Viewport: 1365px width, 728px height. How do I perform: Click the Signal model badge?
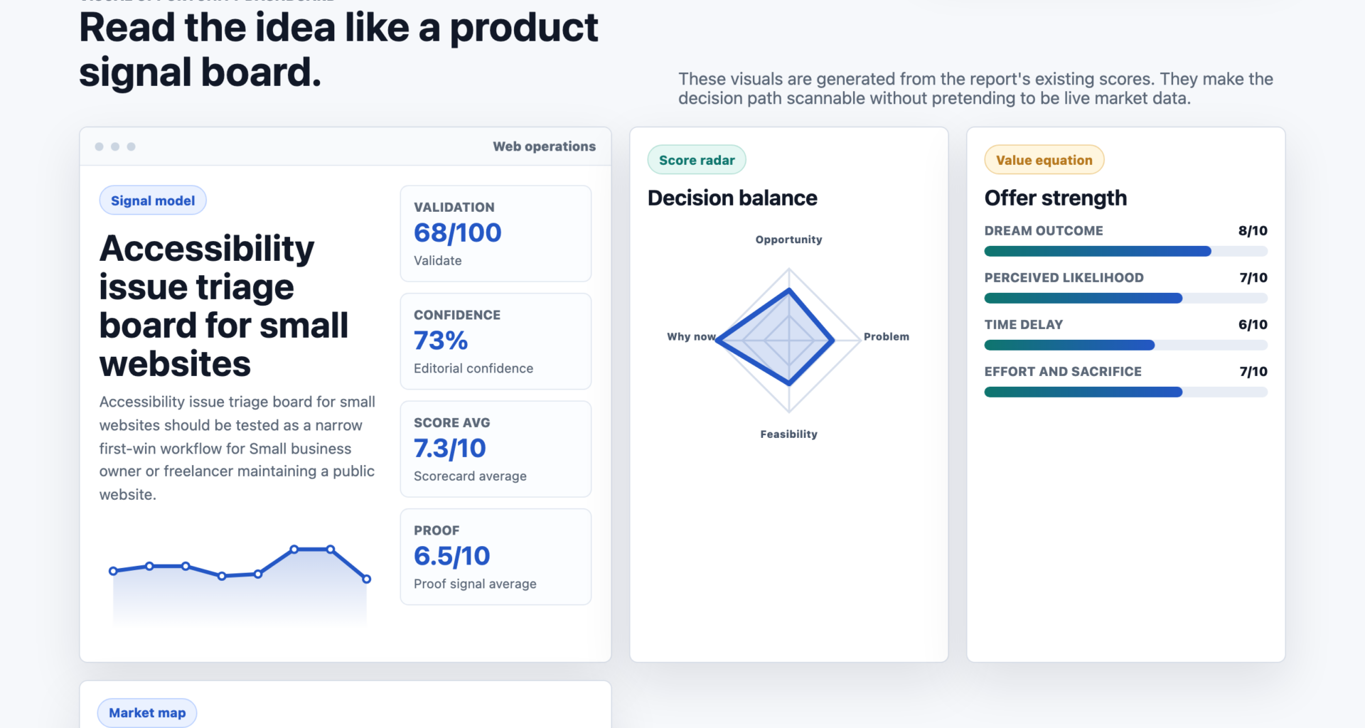[x=153, y=200]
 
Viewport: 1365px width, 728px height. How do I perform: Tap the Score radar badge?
[x=697, y=160]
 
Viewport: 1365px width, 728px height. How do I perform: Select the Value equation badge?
[x=1044, y=160]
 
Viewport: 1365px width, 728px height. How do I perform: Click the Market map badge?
[x=147, y=712]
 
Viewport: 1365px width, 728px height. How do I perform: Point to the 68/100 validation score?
[x=458, y=232]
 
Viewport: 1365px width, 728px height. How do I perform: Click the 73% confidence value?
[x=441, y=341]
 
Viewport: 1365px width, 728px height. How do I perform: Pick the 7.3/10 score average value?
[x=450, y=448]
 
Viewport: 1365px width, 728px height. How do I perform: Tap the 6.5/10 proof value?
[x=452, y=556]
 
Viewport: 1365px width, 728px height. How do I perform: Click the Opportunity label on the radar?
[x=789, y=240]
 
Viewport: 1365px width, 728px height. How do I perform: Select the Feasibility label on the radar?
[x=789, y=434]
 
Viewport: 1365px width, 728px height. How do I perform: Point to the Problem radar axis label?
[x=887, y=336]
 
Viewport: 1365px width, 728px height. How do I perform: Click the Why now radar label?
[x=691, y=336]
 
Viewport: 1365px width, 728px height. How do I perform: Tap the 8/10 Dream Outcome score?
[x=1253, y=230]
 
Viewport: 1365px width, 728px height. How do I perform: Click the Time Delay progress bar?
[x=1126, y=345]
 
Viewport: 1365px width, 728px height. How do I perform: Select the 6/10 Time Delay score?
[x=1253, y=324]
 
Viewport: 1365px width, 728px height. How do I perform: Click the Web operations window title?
[x=545, y=146]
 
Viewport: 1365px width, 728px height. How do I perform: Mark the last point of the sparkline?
[x=367, y=579]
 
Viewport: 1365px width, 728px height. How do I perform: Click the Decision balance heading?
[x=732, y=198]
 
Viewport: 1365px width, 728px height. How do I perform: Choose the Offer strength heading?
[x=1056, y=198]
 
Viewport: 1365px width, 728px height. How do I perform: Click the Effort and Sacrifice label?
[x=1063, y=371]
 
